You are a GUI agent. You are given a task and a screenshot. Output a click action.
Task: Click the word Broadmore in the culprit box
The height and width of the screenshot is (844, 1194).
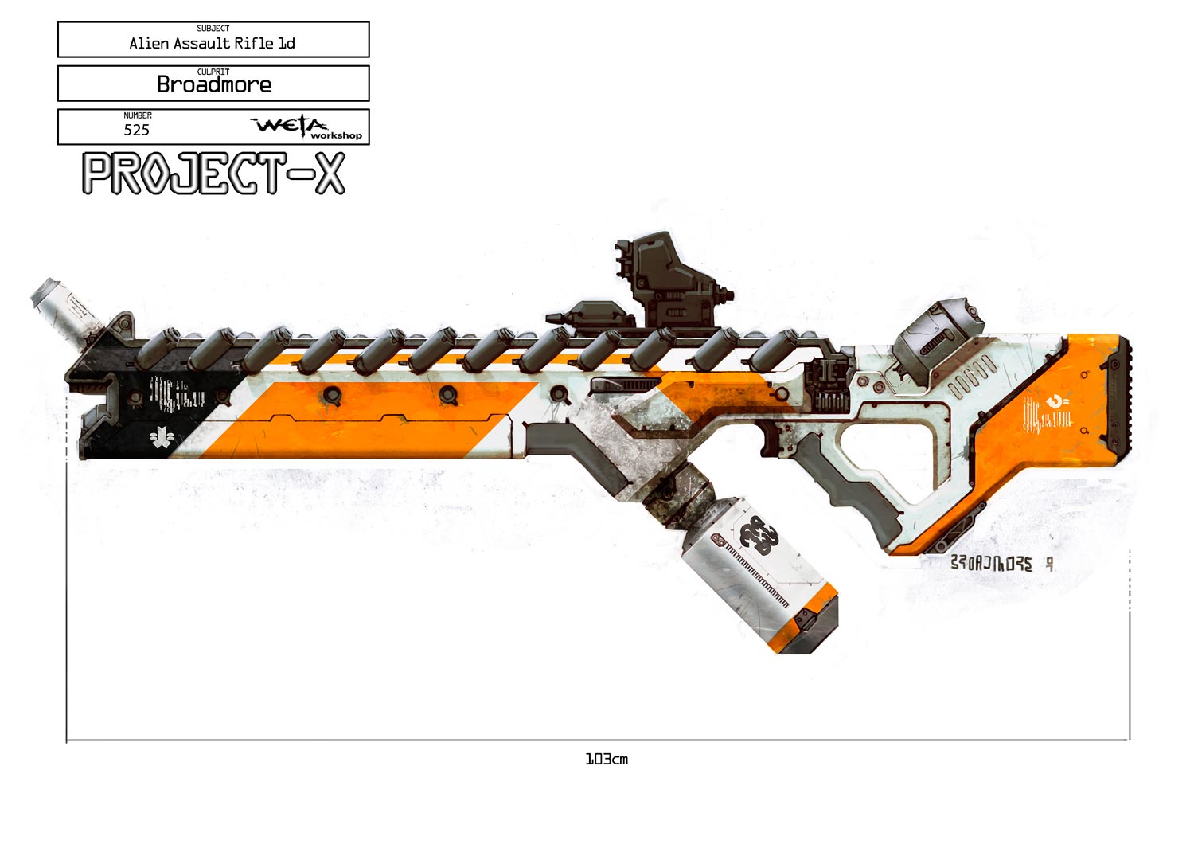[x=214, y=84]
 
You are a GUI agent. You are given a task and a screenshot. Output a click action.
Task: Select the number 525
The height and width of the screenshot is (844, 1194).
[x=136, y=130]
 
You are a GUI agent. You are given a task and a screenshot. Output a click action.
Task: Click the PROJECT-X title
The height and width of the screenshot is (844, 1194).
[x=213, y=174]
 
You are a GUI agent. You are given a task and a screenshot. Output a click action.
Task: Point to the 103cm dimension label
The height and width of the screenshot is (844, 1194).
[x=607, y=760]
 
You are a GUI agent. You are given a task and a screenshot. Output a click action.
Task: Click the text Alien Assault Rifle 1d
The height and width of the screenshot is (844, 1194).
[x=212, y=43]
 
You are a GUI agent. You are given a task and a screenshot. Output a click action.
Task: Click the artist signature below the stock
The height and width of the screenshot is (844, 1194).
[x=1001, y=564]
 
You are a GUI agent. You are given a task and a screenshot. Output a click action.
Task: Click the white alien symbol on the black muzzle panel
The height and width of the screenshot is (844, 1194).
[x=161, y=437]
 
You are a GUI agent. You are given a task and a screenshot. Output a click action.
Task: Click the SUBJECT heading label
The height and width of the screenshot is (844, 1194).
[x=213, y=29]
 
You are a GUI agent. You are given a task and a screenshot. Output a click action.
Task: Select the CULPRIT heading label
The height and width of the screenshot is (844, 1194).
[x=213, y=72]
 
